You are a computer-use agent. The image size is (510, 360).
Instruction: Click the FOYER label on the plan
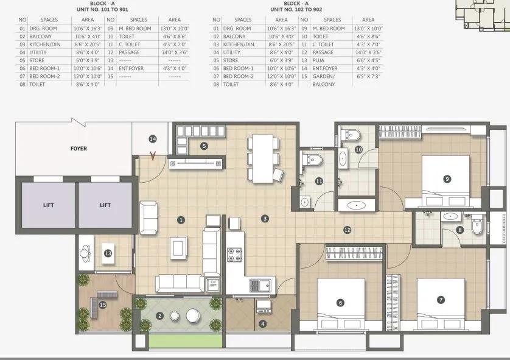tap(79, 149)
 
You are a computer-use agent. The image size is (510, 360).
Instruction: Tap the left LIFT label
tap(49, 205)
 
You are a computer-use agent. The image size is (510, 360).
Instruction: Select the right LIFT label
tap(105, 205)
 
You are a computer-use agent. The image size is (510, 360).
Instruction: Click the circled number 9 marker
tap(447, 178)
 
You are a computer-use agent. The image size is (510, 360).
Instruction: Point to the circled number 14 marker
tap(153, 139)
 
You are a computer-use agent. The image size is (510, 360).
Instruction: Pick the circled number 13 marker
tap(108, 254)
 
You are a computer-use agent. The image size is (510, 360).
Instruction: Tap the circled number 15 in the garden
tap(102, 304)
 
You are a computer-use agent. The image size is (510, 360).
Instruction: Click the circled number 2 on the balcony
tap(159, 316)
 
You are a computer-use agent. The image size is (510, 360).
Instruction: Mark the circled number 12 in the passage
tap(347, 230)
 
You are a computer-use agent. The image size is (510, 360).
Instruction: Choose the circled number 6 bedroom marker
tap(340, 302)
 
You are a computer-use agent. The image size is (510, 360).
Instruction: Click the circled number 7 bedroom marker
tap(441, 300)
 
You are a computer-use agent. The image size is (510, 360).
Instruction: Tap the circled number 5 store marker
tap(204, 146)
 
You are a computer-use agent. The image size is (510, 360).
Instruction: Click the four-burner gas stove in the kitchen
tap(235, 255)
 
